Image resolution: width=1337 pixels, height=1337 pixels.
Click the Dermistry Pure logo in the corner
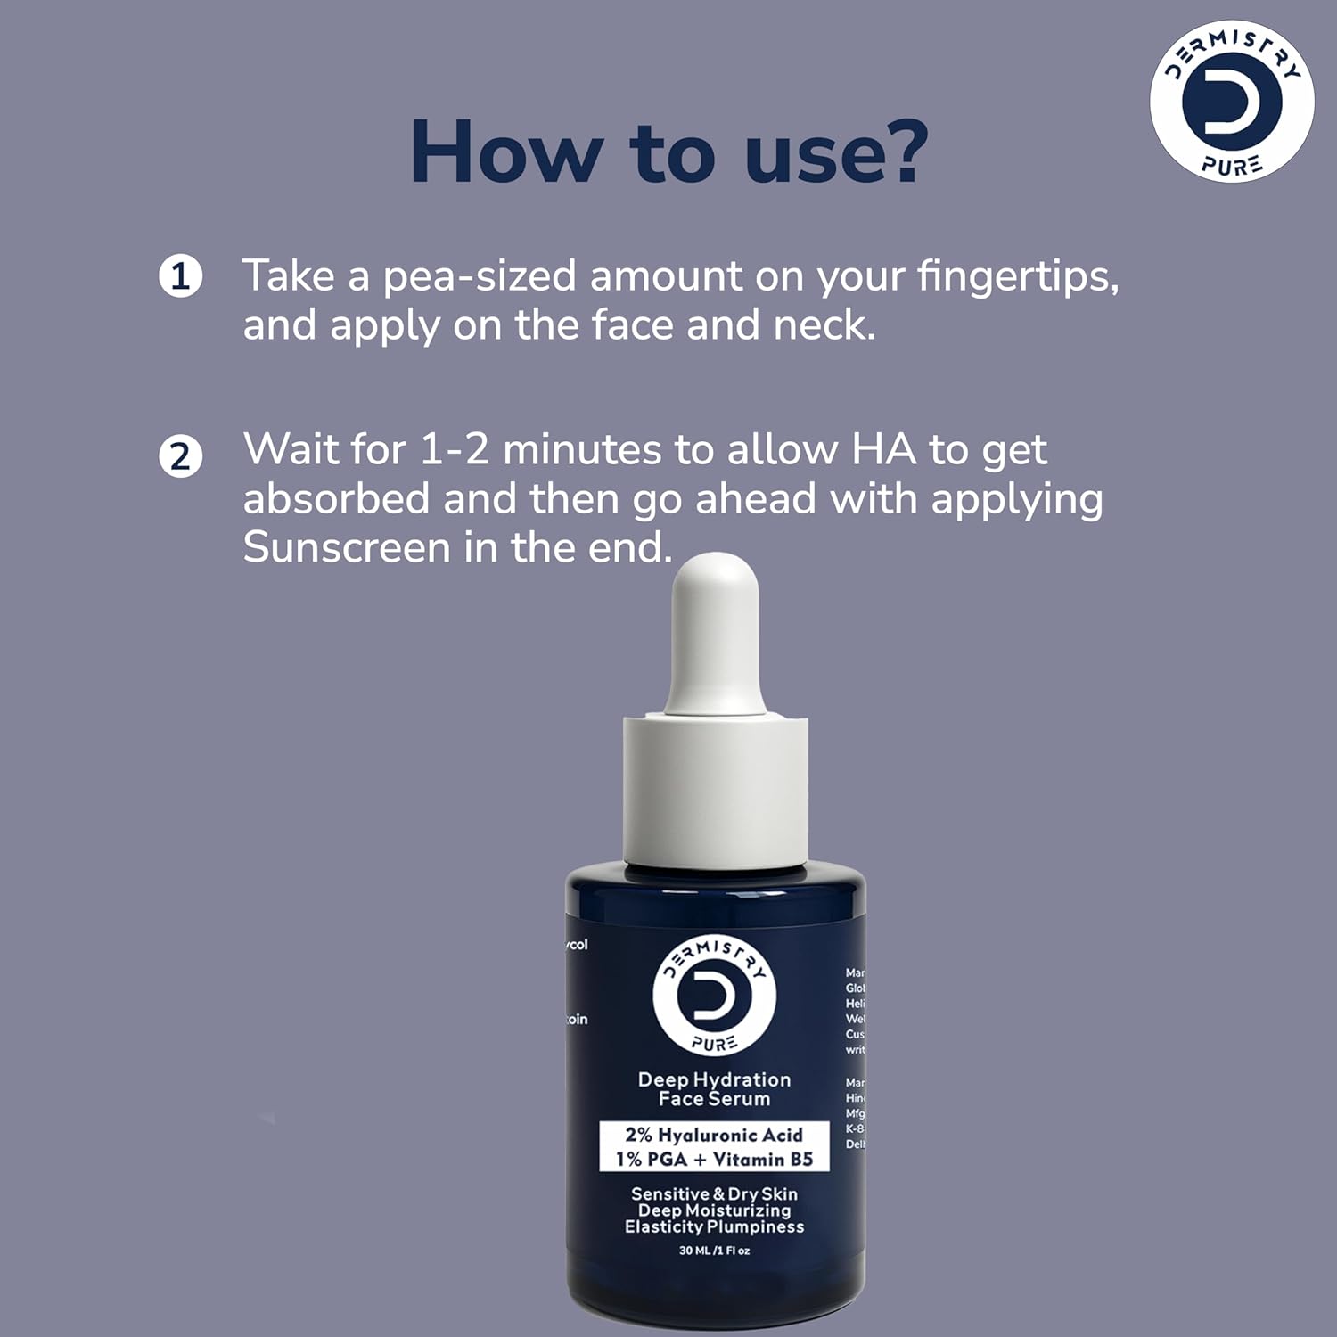click(1231, 101)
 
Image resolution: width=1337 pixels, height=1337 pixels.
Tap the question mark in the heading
click(900, 152)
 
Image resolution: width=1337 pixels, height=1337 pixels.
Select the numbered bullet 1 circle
click(181, 276)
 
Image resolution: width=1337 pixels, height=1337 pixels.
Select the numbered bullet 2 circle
click(181, 456)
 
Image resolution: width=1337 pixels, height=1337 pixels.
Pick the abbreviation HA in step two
click(883, 449)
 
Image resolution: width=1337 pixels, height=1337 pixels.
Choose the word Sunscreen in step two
click(346, 547)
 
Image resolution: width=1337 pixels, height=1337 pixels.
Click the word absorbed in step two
click(335, 498)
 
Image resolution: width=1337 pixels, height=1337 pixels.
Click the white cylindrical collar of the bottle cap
click(715, 789)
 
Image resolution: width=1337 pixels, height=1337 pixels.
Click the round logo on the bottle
click(715, 994)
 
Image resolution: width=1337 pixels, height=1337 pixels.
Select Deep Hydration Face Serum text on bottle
click(715, 1089)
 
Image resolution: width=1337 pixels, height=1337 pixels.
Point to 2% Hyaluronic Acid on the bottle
click(714, 1135)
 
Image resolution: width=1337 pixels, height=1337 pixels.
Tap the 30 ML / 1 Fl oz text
click(714, 1251)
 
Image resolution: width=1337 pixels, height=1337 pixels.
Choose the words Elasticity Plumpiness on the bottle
click(714, 1227)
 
